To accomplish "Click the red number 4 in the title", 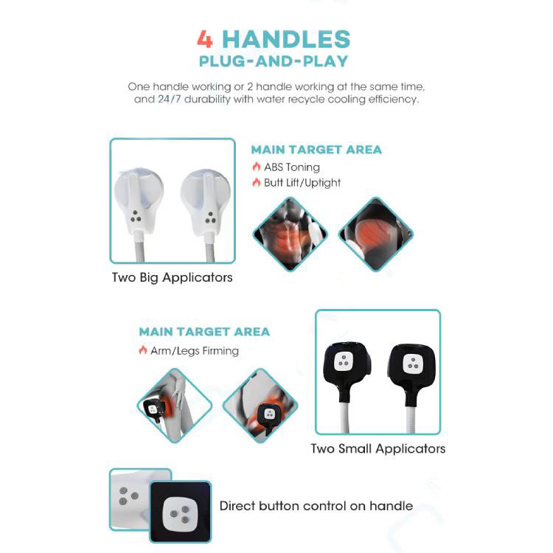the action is click(205, 39).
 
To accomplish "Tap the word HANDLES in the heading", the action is click(286, 39).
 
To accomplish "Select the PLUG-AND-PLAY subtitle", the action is click(274, 61).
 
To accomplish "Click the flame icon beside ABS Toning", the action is click(257, 167).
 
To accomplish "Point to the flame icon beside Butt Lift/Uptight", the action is click(257, 182).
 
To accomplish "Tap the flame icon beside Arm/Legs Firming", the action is click(143, 349).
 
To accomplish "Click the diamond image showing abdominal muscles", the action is click(291, 234).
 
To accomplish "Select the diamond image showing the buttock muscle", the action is click(375, 234).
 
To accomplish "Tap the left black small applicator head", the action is click(347, 366).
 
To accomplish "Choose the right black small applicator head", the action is click(411, 369).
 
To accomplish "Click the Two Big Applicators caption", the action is click(172, 278).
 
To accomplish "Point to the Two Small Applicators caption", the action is click(378, 449).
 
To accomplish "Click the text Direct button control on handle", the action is click(316, 506).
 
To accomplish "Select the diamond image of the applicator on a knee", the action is click(175, 406).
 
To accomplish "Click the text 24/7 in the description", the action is click(170, 99).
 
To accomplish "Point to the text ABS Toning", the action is click(292, 167).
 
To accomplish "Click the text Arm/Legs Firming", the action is click(195, 351).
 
